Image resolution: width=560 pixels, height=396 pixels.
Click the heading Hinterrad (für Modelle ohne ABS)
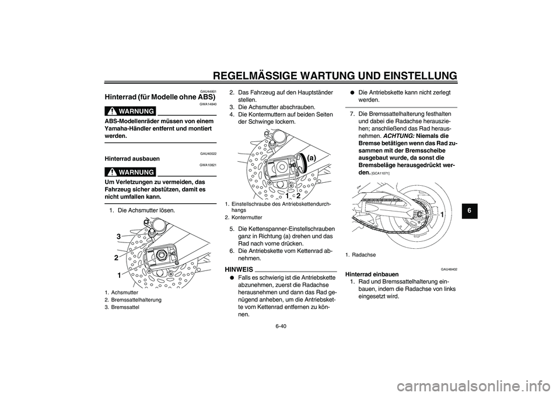159,97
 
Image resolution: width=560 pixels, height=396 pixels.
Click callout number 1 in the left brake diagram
118,275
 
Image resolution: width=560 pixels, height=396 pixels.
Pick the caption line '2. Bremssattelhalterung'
134,300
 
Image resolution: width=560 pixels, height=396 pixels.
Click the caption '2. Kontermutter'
243,217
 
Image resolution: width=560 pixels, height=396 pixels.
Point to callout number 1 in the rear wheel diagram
442,216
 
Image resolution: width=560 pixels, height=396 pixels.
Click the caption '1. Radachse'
360,255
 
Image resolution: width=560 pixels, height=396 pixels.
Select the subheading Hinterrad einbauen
372,275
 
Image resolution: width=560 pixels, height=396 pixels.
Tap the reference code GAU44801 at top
208,91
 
